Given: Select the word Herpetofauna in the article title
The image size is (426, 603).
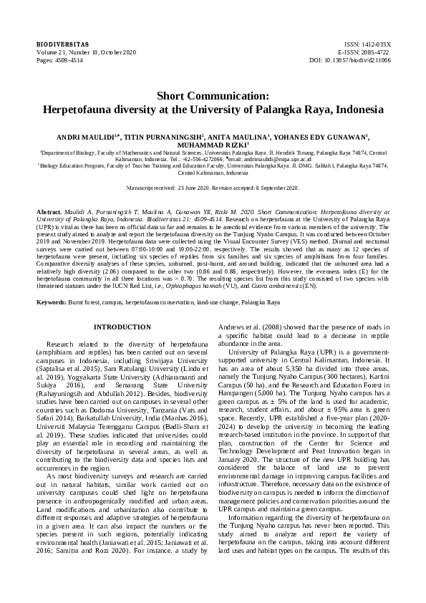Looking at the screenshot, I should tap(83, 110).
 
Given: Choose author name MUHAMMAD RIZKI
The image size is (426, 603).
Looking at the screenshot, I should tap(212, 143).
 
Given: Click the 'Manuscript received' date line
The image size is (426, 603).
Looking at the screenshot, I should tap(213, 187).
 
